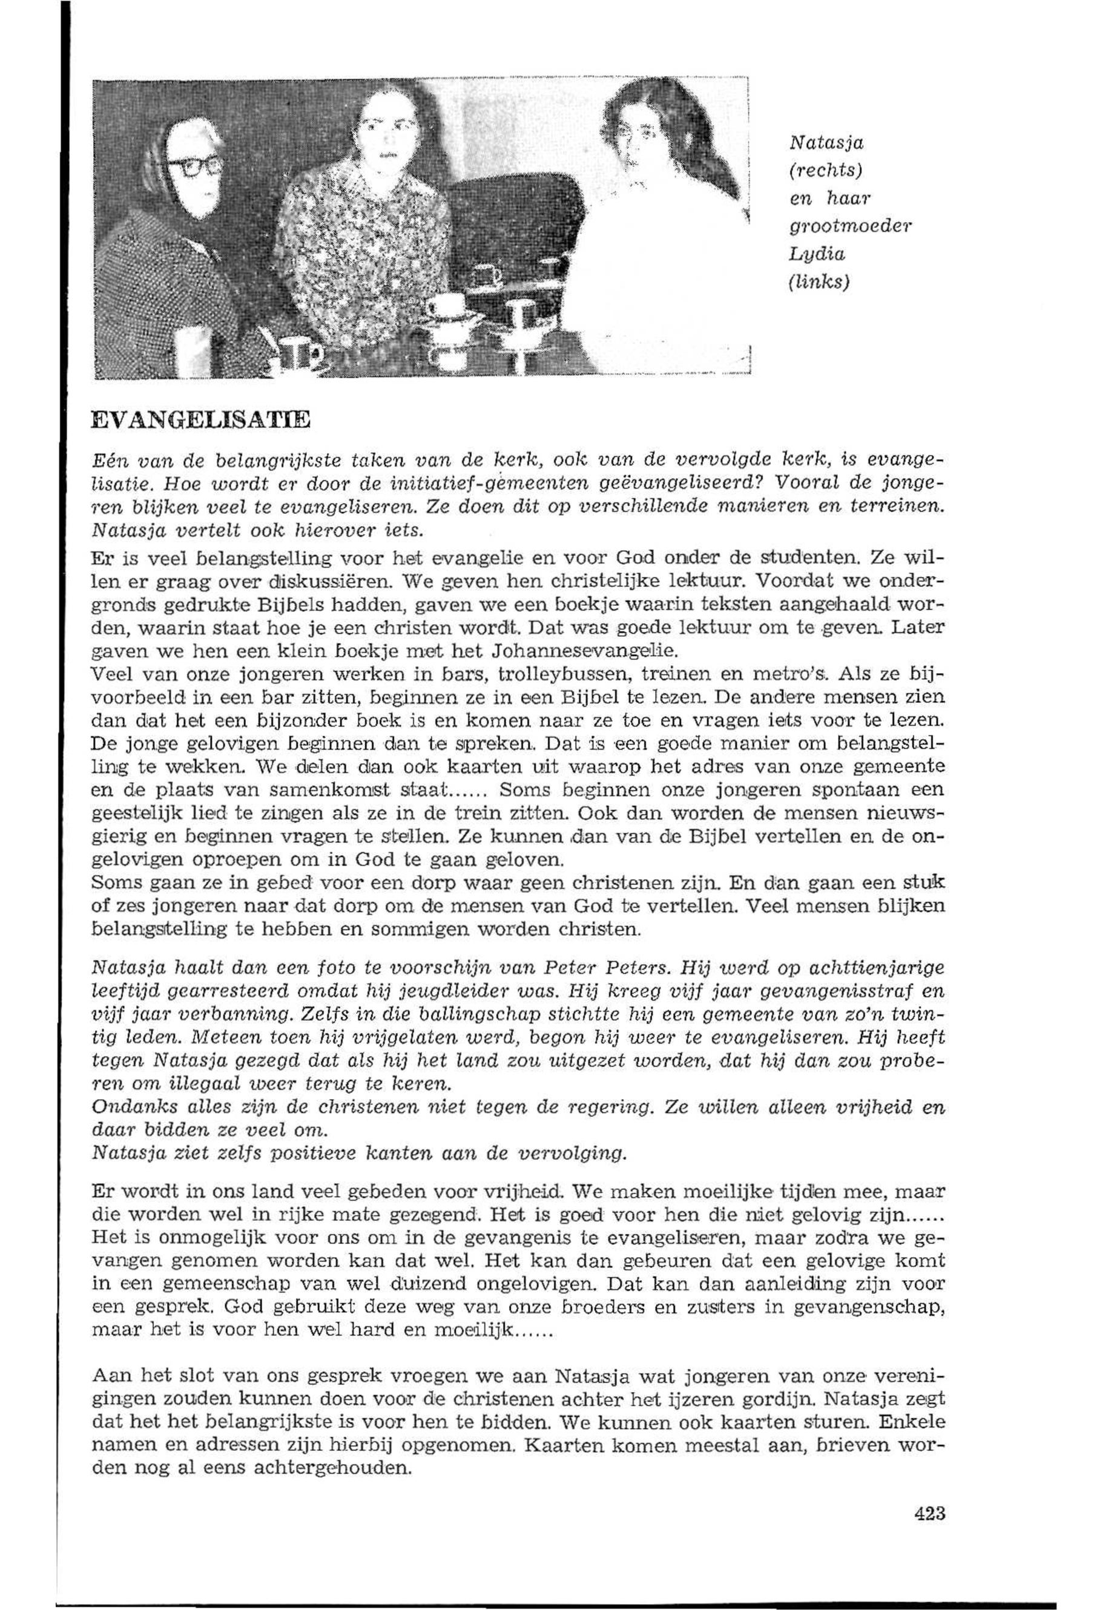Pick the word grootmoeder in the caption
coord(851,226)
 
